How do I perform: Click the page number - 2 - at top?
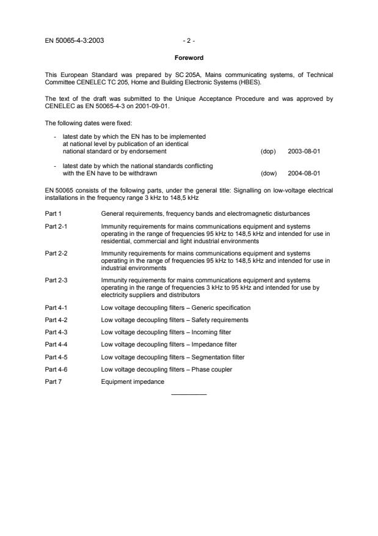[x=189, y=43]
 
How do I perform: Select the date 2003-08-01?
[x=304, y=151]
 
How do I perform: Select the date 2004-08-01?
[x=304, y=173]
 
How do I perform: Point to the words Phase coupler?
[x=213, y=370]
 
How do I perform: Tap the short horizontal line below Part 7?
[x=189, y=394]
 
